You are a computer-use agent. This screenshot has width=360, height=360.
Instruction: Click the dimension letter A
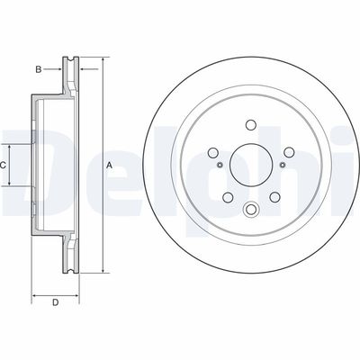tap(110, 166)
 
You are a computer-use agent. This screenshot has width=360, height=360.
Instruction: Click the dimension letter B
tap(38, 67)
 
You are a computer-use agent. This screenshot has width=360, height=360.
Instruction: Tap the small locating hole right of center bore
tap(281, 166)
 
